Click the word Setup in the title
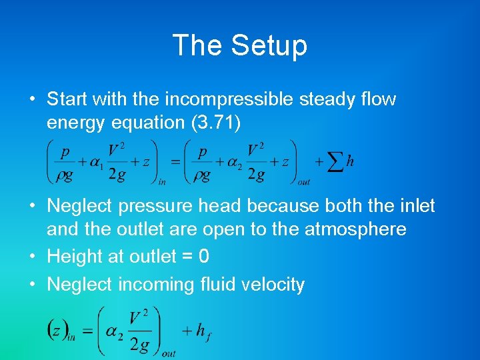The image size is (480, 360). pos(269,45)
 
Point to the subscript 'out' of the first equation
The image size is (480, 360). pos(304,181)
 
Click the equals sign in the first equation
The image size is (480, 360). pos(175,162)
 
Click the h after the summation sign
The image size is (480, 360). pos(351,162)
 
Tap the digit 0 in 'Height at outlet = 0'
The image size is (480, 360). pos(203,257)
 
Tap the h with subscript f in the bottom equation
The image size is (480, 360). pos(202,331)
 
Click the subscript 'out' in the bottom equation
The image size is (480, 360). pos(169,353)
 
